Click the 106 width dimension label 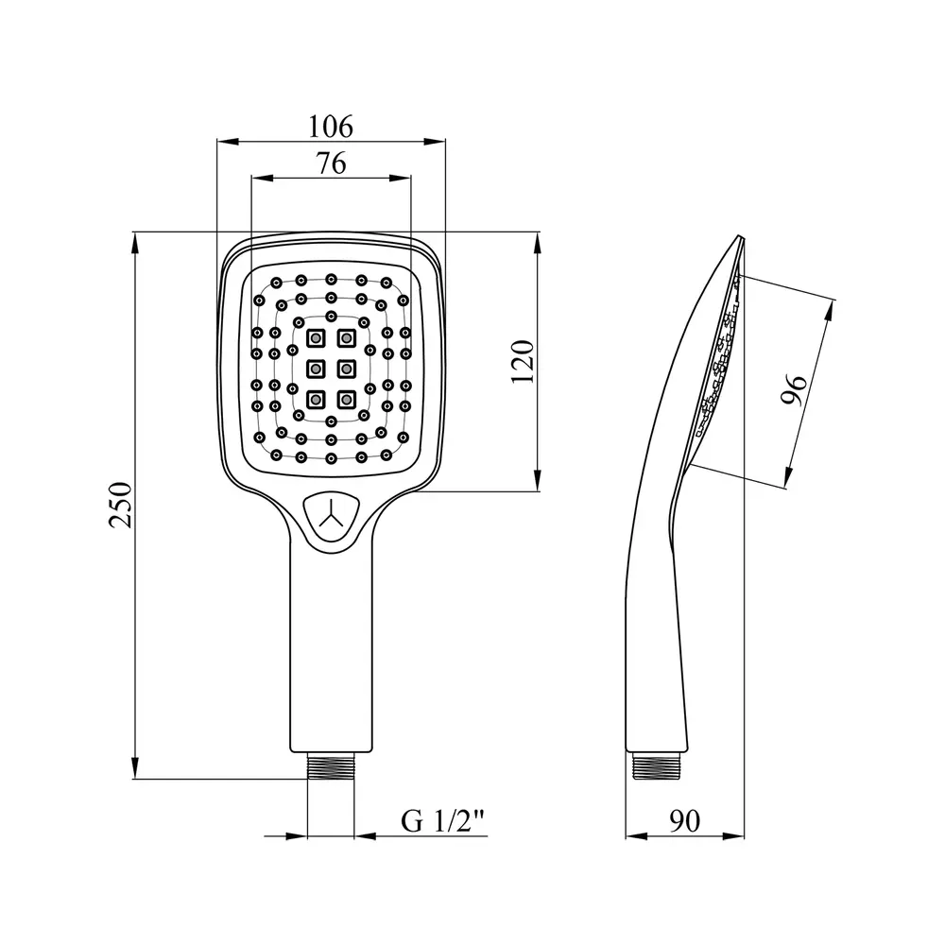(x=330, y=127)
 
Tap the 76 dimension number (x=332, y=163)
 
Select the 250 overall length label (x=120, y=505)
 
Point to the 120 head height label (x=523, y=362)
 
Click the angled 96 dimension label (x=794, y=390)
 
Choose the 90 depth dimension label (x=684, y=821)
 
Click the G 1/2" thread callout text (x=443, y=821)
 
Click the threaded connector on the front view (x=331, y=766)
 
